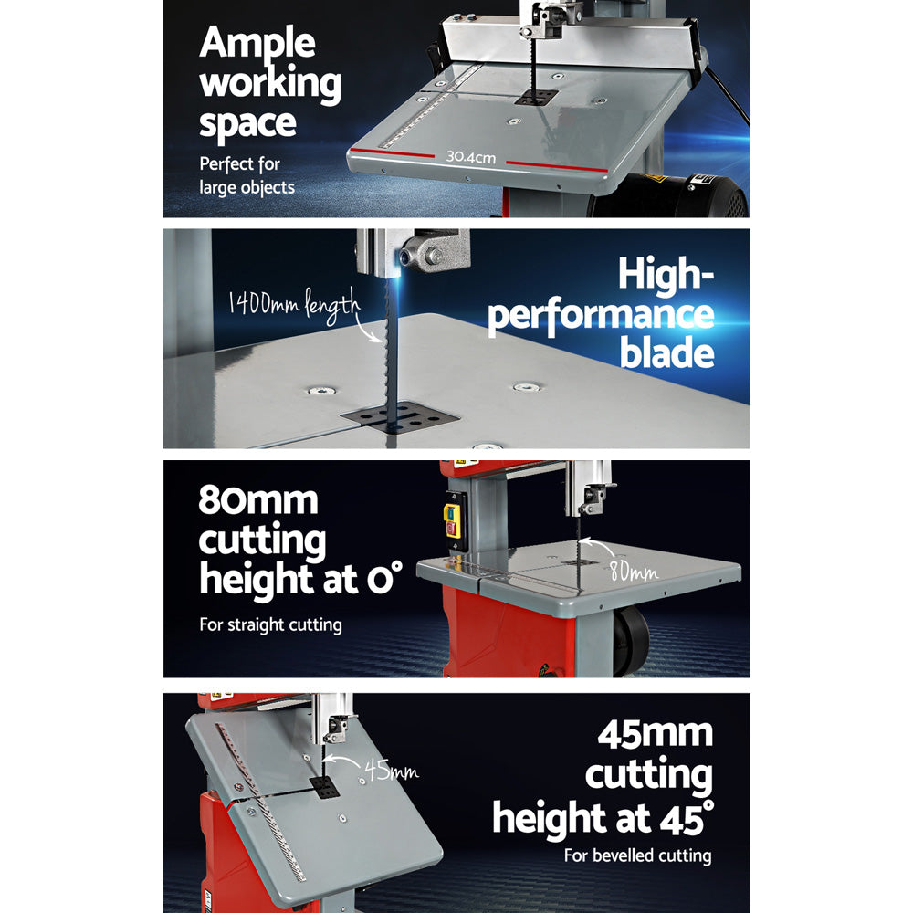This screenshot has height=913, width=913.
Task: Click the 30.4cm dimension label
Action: pyautogui.click(x=470, y=157)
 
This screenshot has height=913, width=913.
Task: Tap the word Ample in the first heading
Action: pyautogui.click(x=257, y=43)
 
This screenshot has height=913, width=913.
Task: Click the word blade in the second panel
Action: pyautogui.click(x=666, y=353)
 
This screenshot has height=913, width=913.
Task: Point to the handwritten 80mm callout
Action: pyautogui.click(x=634, y=572)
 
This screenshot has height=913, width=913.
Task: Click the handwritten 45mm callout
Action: pyautogui.click(x=392, y=771)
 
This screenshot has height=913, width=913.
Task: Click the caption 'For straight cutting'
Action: pyautogui.click(x=270, y=625)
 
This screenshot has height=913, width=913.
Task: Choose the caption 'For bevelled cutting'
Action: pyautogui.click(x=636, y=855)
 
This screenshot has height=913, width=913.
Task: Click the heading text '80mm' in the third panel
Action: pyautogui.click(x=258, y=501)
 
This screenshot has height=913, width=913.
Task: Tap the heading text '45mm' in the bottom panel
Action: pyautogui.click(x=655, y=733)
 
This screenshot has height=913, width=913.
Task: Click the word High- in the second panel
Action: pyautogui.click(x=666, y=275)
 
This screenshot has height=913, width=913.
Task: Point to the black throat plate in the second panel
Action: pyautogui.click(x=399, y=416)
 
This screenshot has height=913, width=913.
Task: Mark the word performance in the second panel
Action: pyautogui.click(x=600, y=315)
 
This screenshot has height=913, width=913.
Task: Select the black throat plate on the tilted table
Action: pyautogui.click(x=324, y=789)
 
